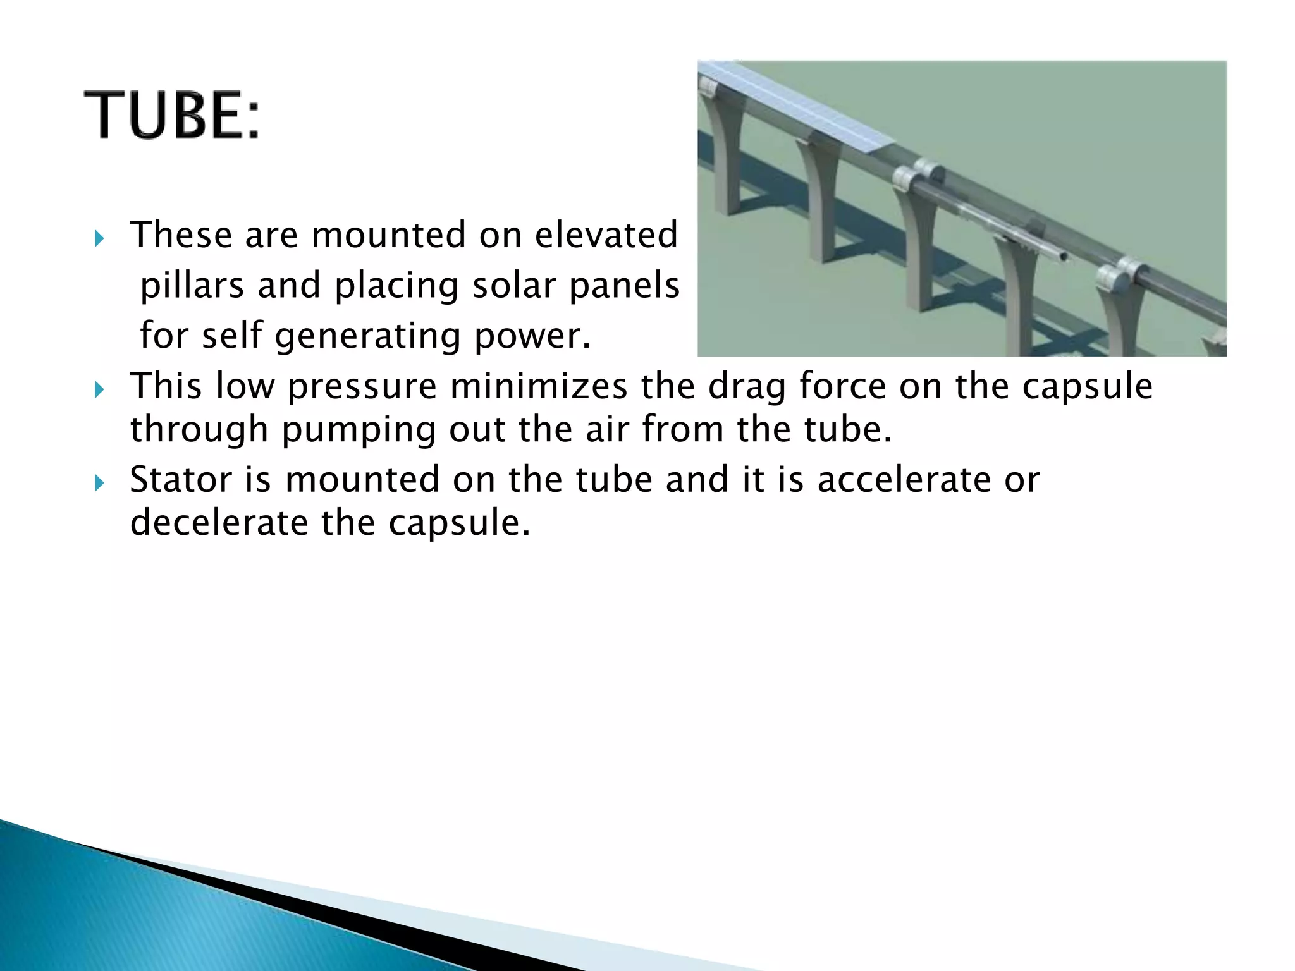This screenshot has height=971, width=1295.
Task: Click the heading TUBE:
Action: (171, 116)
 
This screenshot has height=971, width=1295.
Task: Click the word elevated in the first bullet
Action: (606, 235)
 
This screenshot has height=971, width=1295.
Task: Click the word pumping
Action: (359, 430)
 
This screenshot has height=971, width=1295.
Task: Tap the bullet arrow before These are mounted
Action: (98, 240)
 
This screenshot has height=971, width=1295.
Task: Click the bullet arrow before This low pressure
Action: (98, 391)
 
